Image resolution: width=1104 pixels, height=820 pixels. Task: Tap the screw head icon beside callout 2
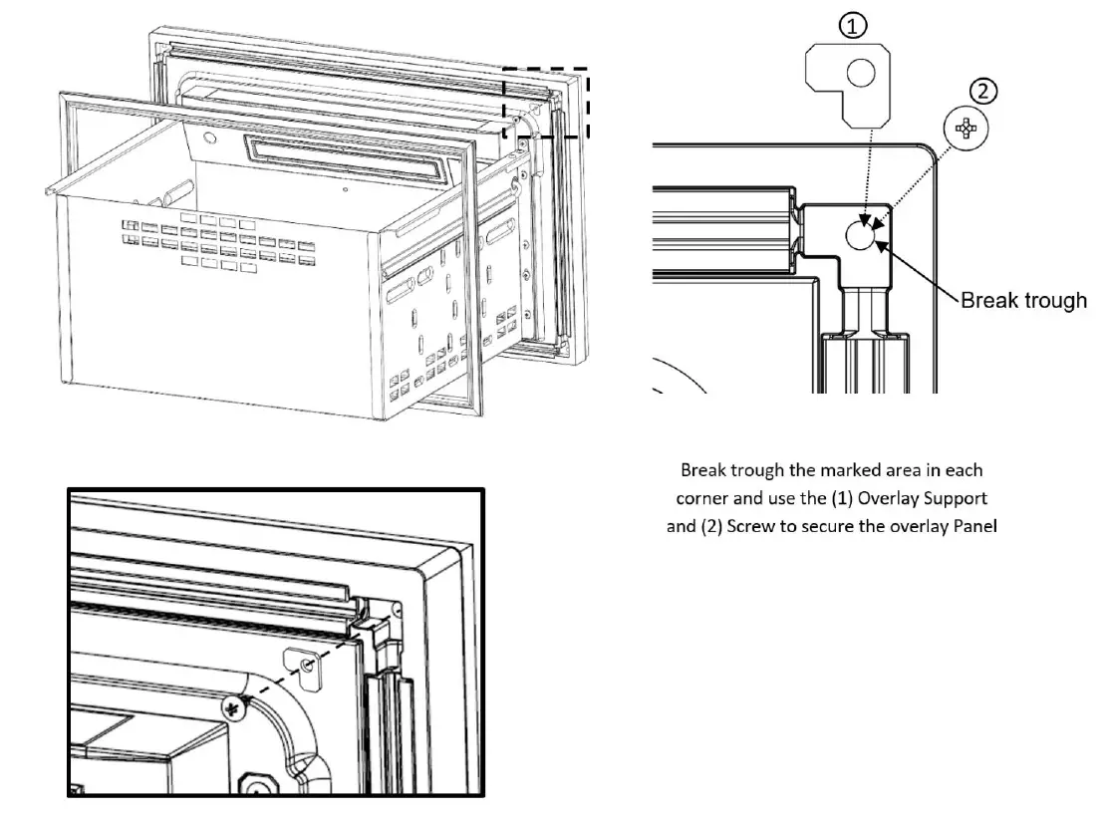pyautogui.click(x=964, y=128)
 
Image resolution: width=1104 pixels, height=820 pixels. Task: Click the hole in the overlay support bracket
pyautogui.click(x=860, y=72)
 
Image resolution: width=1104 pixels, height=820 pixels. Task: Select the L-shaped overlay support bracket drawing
pyautogui.click(x=846, y=89)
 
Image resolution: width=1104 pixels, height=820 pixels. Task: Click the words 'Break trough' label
pyautogui.click(x=1023, y=300)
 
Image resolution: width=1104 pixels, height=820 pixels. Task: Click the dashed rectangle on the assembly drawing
pyautogui.click(x=546, y=103)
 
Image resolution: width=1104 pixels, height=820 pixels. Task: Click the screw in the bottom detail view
pyautogui.click(x=235, y=708)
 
